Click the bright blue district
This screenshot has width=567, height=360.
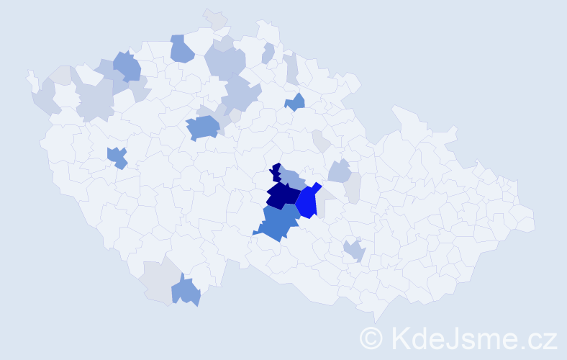pos(307,202)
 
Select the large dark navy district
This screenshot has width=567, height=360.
pos(283,194)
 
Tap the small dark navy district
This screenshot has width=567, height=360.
pos(276,172)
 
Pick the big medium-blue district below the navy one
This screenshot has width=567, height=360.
pos(278,222)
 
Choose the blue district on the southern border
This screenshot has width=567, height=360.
pos(186,292)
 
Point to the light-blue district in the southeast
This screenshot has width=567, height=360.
pos(354,251)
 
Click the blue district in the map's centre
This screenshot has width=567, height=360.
pos(203,127)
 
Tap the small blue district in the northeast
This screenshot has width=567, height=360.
pos(295,103)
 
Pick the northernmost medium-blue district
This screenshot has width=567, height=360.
pos(181,49)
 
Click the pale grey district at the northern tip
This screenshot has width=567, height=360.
pos(215,19)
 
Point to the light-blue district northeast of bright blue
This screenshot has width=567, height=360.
pos(340,171)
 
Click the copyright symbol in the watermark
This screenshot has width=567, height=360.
pos(371,338)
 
